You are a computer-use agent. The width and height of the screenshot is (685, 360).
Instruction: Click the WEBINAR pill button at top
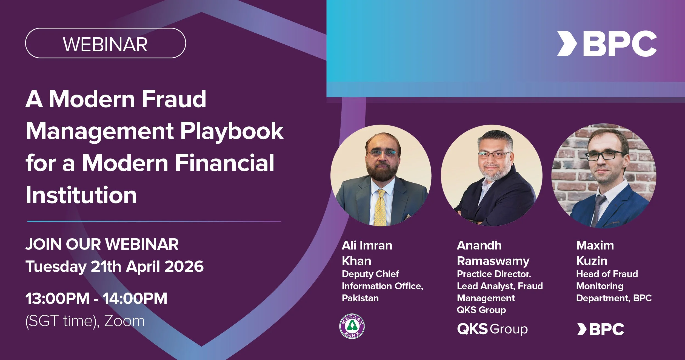105,43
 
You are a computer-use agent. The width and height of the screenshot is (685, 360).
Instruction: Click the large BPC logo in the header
607,44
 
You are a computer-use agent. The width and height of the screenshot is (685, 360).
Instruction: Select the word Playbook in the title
232,131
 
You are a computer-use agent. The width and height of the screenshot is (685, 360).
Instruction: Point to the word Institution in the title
81,195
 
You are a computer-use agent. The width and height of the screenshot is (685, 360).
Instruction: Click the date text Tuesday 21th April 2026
115,267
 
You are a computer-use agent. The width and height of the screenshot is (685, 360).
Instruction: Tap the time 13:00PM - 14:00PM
96,298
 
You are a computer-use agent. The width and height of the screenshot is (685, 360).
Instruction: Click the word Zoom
124,321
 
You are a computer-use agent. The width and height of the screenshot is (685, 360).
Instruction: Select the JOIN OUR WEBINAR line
102,244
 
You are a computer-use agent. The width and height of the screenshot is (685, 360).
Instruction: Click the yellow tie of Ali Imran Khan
381,208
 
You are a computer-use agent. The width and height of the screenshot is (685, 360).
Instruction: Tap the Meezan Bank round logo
352,326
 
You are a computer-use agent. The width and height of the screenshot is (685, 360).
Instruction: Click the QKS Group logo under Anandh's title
492,329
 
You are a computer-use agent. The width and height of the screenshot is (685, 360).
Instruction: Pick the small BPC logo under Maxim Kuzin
601,329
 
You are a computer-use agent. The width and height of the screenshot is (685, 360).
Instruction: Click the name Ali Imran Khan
367,253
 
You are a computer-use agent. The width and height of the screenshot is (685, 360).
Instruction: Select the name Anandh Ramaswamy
493,253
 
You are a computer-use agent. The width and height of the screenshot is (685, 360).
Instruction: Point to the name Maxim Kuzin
595,253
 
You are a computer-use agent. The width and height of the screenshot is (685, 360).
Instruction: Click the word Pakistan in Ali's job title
360,298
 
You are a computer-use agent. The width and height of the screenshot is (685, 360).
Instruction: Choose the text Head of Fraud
607,274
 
